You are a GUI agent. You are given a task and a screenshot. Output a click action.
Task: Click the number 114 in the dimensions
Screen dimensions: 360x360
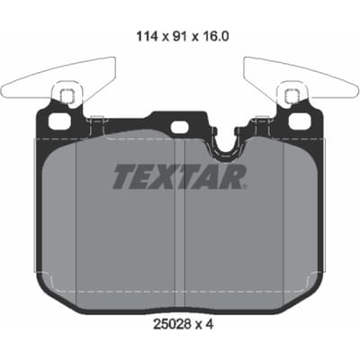pyautogui.click(x=147, y=37)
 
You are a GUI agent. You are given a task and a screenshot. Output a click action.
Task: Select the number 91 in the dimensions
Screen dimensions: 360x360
pyautogui.click(x=179, y=37)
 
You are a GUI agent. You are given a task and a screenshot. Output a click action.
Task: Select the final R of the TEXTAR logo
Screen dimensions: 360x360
pyautogui.click(x=234, y=176)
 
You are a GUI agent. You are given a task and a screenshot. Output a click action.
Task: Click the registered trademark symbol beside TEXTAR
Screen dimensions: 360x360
pyautogui.click(x=245, y=187)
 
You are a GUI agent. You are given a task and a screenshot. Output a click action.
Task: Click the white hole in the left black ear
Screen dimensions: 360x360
pyautogui.click(x=59, y=121)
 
